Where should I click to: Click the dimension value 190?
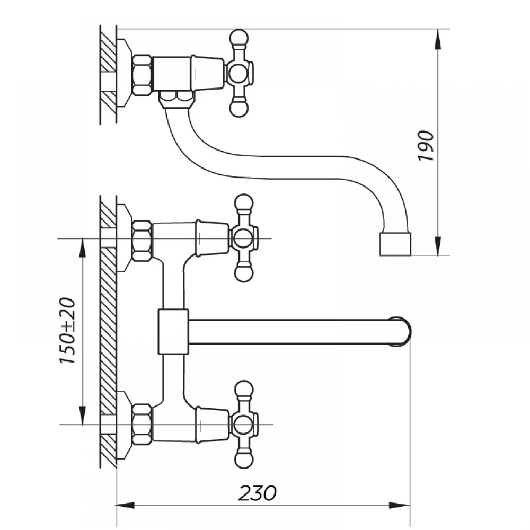pos(426,146)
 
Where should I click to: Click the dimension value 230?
pos(258,493)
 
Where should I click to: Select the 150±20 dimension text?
pos(67,331)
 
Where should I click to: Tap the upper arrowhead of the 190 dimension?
pos(438,40)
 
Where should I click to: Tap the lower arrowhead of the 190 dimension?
pos(438,245)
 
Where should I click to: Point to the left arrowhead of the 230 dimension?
pos(126,506)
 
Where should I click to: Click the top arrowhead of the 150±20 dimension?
pos(82,249)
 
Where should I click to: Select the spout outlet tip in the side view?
pos(395,244)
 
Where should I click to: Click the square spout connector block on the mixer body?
pos(173,332)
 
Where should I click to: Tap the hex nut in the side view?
pos(142,75)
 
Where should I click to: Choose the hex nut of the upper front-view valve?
pos(142,241)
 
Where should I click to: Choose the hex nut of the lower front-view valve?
pos(142,424)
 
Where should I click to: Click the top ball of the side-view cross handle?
pos(238,38)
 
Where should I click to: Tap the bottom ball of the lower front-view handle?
pos(244,460)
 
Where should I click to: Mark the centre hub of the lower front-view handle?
pos(243,424)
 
